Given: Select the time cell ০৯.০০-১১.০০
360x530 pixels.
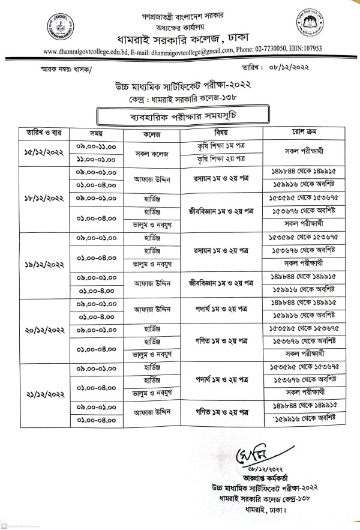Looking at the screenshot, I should [x=97, y=145].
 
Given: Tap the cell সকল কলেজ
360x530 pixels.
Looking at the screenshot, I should [x=151, y=152].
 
